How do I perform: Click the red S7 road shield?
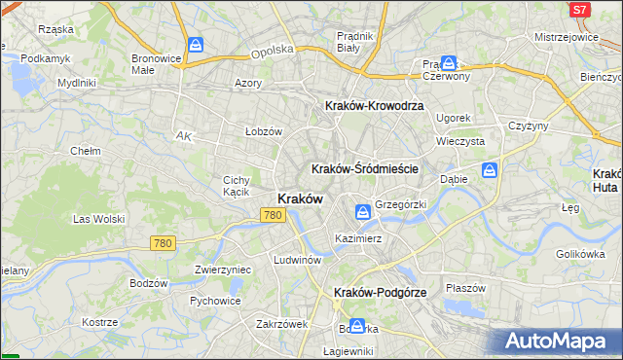point(579,10)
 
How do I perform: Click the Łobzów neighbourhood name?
point(263,131)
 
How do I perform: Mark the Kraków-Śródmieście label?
point(365,168)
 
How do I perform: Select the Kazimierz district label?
point(357,237)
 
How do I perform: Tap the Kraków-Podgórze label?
point(380,292)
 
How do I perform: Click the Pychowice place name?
point(215,302)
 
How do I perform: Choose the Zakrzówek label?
point(282,324)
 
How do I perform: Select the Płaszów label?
point(465,288)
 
